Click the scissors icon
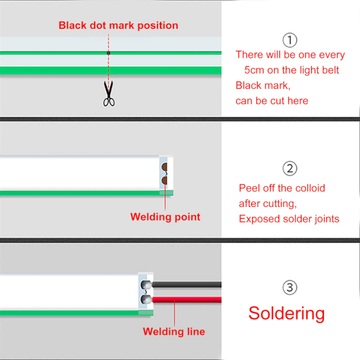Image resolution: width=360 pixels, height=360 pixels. [108, 94]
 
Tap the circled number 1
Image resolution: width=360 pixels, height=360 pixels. [290, 40]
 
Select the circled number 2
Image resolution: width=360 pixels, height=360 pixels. [290, 169]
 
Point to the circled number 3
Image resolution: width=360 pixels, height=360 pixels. [290, 287]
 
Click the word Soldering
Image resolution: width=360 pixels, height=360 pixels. [286, 313]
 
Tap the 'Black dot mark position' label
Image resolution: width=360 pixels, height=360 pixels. [118, 25]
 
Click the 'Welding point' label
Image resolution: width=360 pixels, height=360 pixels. [165, 217]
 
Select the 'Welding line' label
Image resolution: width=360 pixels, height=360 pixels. [174, 332]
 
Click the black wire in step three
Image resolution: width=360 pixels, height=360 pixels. [189, 285]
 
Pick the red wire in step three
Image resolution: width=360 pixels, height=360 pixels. [189, 299]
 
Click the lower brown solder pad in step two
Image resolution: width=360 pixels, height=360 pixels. [165, 180]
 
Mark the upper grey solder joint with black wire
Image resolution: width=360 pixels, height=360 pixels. [147, 285]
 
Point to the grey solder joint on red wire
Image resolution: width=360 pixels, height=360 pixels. [147, 299]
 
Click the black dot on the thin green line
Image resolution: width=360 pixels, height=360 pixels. [108, 53]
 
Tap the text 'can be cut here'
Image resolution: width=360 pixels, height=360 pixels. [272, 101]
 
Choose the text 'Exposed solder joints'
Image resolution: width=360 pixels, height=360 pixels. [289, 219]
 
